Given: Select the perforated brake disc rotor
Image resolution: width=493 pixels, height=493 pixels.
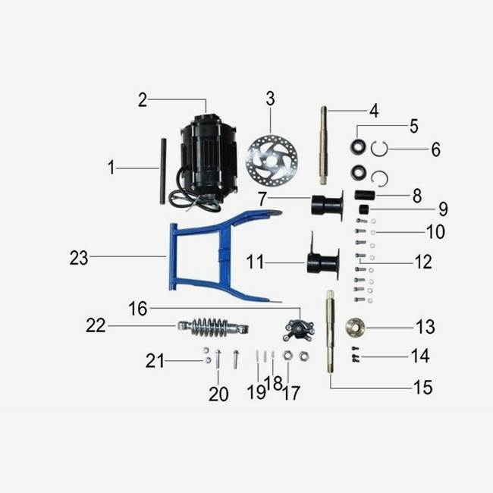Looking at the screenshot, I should (272, 161).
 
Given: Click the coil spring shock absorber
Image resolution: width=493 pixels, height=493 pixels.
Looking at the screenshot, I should (213, 327).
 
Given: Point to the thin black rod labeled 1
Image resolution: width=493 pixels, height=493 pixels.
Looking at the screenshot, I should (162, 170).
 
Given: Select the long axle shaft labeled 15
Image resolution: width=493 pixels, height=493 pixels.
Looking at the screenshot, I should (331, 334).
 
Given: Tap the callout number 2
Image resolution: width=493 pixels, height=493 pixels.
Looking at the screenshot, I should (142, 99).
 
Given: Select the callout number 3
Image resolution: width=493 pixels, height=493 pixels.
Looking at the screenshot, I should (270, 99).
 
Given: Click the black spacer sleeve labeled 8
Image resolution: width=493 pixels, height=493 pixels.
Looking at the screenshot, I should (365, 195).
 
